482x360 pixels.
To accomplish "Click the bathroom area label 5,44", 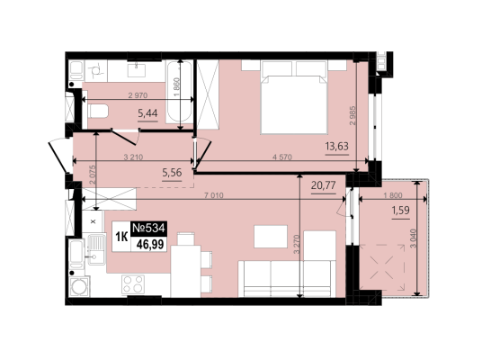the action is point(147,113).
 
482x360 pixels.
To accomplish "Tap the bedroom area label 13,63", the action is point(337,147).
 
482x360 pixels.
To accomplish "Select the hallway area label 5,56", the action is point(172,173).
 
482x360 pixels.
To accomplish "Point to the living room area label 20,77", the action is point(324,185).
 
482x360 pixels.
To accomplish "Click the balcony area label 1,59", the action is point(400,211).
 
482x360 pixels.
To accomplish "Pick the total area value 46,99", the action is point(150,245).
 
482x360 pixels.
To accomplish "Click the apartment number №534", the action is point(149,229).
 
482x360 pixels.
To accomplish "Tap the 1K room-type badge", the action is point(121,237).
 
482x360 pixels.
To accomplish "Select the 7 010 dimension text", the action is point(214,195).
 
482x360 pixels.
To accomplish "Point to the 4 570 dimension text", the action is point(281,157).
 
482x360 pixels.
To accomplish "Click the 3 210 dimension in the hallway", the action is point(133,157).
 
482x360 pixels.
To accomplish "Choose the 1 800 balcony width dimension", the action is point(393,195).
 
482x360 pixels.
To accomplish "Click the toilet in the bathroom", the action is point(98,111).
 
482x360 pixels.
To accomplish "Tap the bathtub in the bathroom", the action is point(180,92).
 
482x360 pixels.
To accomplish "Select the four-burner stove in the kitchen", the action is point(133,284).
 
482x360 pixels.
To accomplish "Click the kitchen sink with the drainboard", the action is point(97,249).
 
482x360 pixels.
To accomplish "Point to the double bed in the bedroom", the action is point(293,97).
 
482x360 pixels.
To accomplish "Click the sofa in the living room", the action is point(287,279).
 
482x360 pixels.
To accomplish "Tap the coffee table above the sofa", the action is point(271,237).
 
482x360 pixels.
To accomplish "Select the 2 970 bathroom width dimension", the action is point(138,95).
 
